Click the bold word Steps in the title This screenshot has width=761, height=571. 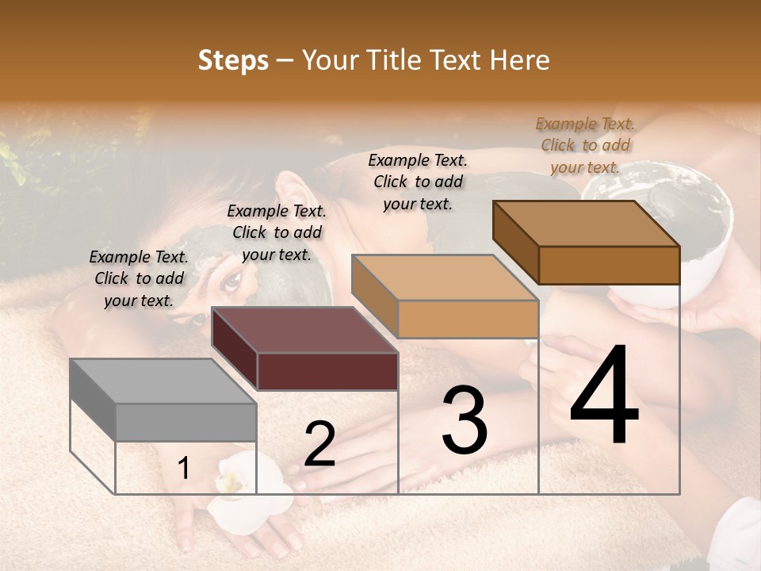coord(233,60)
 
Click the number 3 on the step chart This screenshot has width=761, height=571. coord(464,421)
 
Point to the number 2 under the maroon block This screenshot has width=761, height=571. coord(319,444)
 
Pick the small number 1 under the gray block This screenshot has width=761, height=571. coord(183,469)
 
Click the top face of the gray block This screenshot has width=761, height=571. coord(151,381)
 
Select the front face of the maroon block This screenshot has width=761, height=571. coord(327,371)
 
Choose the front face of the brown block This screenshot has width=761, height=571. coord(609,265)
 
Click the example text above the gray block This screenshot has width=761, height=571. coord(139,278)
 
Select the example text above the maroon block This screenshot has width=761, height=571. coord(277,232)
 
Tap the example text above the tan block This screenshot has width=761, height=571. coord(418,182)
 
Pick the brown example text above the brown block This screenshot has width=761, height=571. coord(585,145)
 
